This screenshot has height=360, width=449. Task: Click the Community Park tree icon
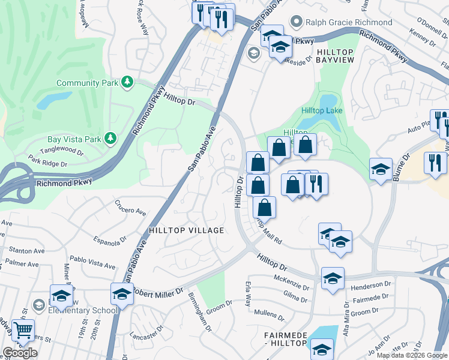[x=127, y=82]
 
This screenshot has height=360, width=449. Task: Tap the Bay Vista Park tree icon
[x=110, y=139]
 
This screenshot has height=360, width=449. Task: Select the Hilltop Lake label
[x=322, y=111]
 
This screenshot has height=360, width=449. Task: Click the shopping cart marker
[x=23, y=330]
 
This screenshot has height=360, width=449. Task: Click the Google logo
[x=20, y=353]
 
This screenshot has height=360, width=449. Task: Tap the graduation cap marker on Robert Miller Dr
[x=121, y=294]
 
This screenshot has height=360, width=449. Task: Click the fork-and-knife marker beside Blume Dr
[x=435, y=163]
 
